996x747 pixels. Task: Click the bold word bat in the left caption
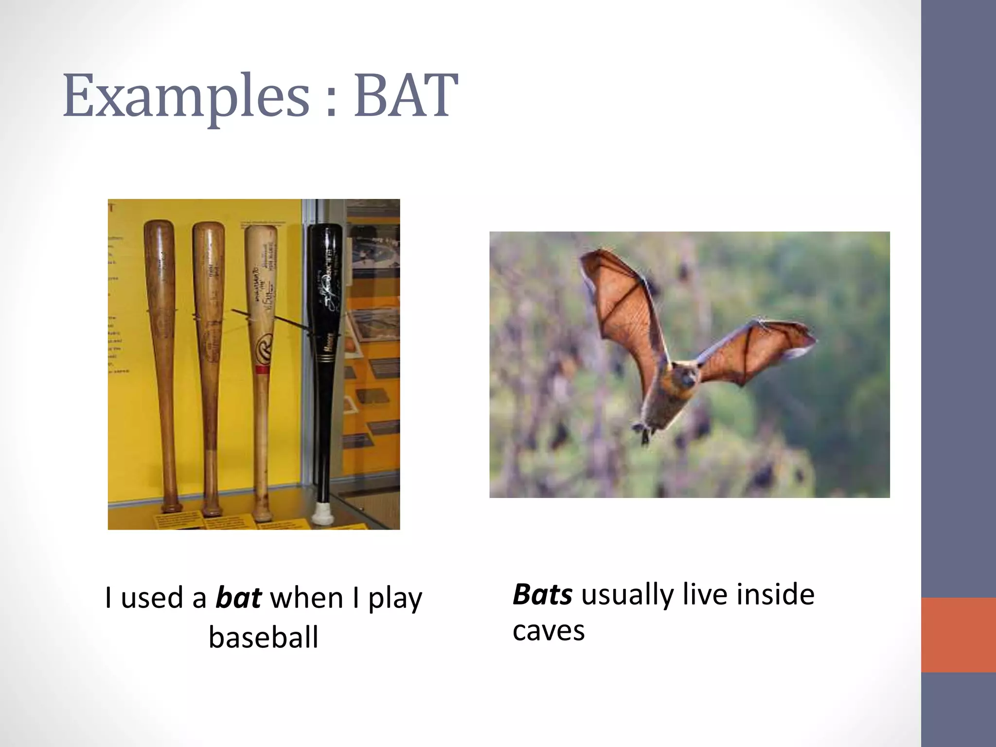[x=238, y=598]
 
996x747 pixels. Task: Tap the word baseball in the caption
[x=263, y=637]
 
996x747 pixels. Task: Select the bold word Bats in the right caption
[x=542, y=594]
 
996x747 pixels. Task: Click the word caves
[x=548, y=631]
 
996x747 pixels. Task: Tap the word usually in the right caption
[x=627, y=595]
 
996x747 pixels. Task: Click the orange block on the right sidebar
[x=958, y=635]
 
